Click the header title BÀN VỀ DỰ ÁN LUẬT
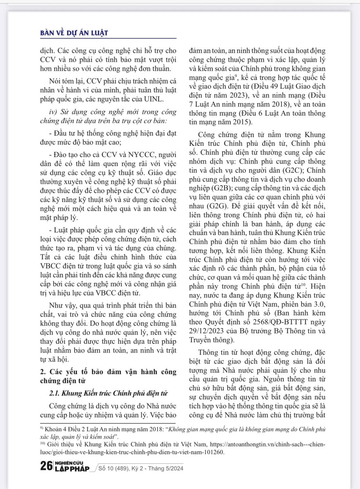(x=74, y=33)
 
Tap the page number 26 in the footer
(x=46, y=465)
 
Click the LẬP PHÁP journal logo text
(x=72, y=469)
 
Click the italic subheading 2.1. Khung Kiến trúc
(x=108, y=393)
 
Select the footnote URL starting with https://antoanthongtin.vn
(x=267, y=445)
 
